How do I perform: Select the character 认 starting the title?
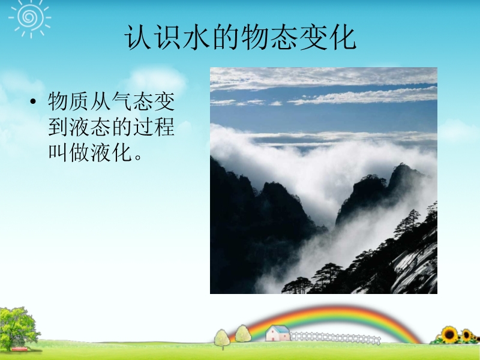pos(138,38)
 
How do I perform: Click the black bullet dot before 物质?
pos(33,101)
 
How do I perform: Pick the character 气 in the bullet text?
pos(122,101)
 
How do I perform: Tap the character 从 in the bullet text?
pos(101,101)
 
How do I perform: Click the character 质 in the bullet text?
pos(79,101)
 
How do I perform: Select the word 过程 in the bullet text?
pos(154,127)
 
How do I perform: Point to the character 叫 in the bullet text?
pos(58,152)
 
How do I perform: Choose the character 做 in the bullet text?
pos(79,152)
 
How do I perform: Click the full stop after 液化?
pos(138,157)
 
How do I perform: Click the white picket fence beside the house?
pos(335,338)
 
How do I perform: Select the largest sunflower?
pos(449,335)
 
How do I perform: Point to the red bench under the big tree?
pos(19,349)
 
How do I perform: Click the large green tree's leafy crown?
pos(18,326)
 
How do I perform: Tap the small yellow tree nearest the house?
pos(243,334)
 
